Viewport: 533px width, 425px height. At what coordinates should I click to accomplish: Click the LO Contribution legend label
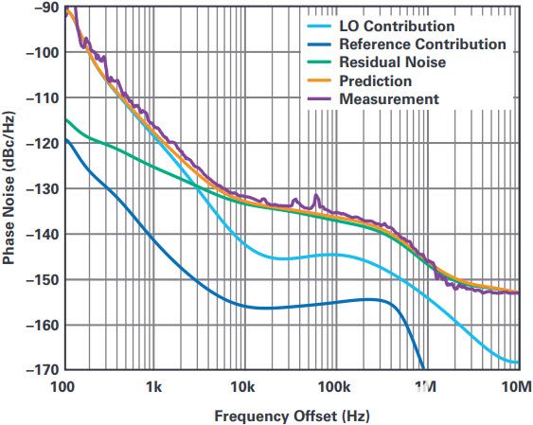397,27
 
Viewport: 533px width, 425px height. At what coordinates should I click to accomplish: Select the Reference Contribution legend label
423,44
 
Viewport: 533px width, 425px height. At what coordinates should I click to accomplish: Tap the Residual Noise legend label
393,62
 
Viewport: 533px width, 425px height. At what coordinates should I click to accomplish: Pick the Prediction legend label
376,80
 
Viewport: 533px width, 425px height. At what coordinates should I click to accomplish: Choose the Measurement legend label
389,98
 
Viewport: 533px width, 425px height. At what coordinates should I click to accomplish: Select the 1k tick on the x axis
154,386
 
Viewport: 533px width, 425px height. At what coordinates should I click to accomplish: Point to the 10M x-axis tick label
517,386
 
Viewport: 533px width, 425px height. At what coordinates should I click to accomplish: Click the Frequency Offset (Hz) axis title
292,416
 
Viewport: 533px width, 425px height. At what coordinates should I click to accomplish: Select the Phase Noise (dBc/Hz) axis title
9,187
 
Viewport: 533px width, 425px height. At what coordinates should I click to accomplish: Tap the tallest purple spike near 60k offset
316,195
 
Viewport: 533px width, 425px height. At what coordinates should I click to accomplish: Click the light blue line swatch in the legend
319,27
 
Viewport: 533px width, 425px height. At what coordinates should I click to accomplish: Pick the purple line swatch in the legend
319,98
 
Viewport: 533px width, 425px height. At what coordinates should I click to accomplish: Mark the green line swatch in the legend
319,62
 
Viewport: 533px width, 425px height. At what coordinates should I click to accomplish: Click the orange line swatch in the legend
319,80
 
